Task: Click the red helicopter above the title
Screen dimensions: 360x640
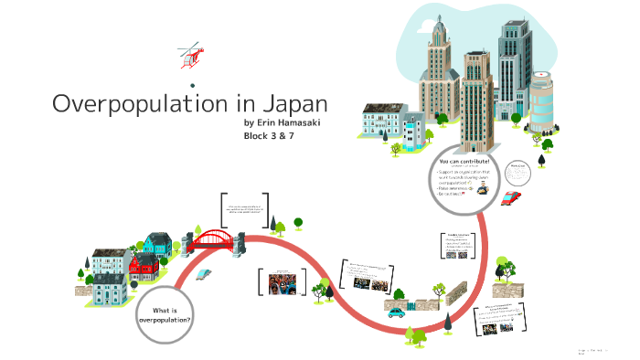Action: click(x=190, y=56)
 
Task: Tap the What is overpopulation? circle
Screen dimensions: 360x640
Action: click(x=165, y=313)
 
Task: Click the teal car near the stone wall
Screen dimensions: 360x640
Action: click(x=396, y=312)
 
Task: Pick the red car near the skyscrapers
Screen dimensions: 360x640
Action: click(x=512, y=196)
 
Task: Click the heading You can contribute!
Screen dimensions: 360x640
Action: click(x=464, y=161)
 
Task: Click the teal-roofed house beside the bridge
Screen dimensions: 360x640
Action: click(x=157, y=243)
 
